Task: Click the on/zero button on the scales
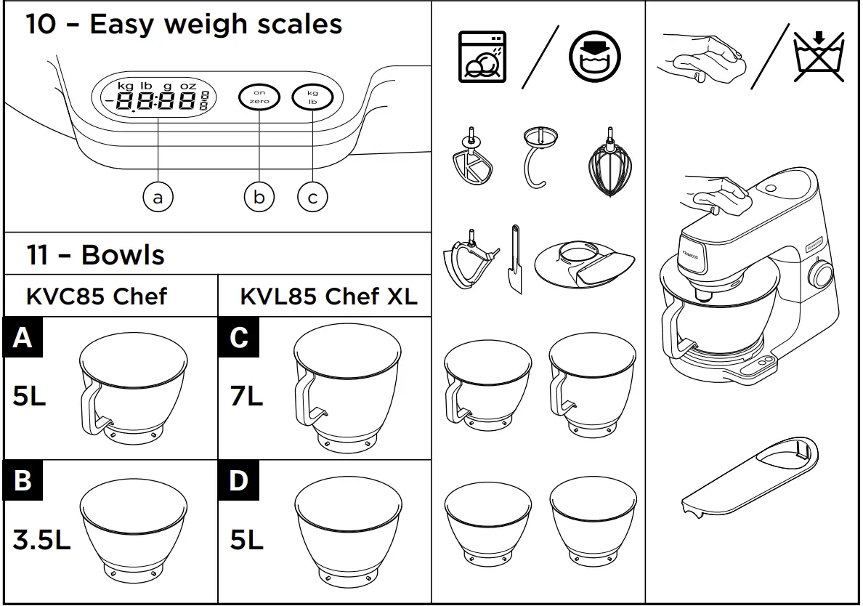coord(259,97)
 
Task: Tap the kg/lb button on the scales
coord(312,97)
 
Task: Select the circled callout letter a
coord(158,196)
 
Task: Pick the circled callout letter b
coord(259,196)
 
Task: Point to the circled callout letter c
coord(312,196)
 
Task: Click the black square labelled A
coord(22,337)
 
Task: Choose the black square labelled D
coord(238,480)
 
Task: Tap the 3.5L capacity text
coord(41,540)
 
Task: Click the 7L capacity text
coord(246,397)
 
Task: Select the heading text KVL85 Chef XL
coord(328,296)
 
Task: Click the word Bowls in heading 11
coord(123,255)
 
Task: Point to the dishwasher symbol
coord(482,57)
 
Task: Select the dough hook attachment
coord(540,156)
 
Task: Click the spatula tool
coord(516,259)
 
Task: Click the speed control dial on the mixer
coord(822,276)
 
